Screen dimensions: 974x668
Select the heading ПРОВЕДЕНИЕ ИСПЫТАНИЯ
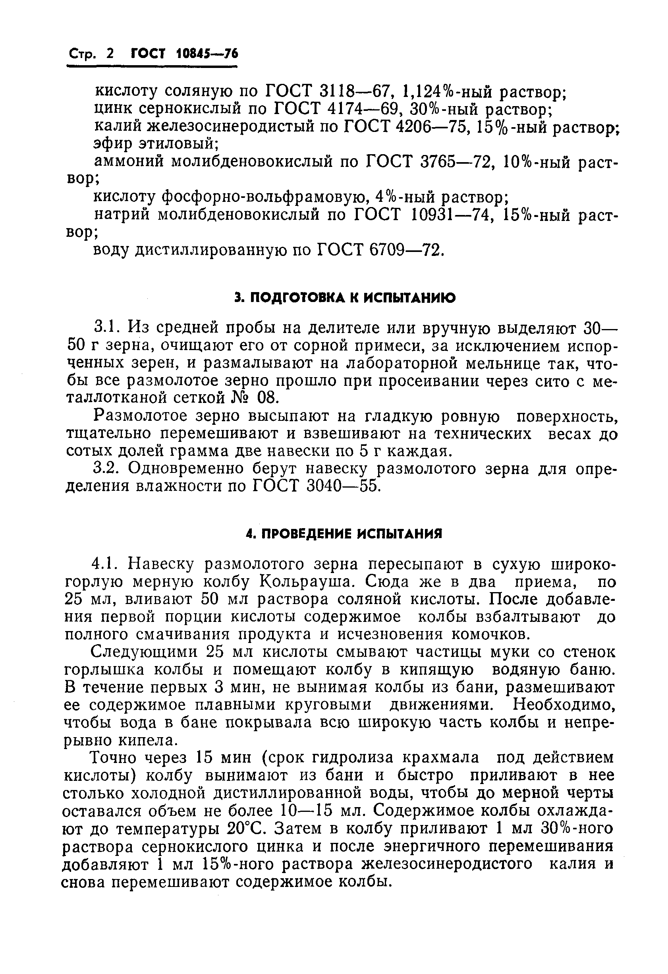(344, 534)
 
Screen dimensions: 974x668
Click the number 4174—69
(363, 109)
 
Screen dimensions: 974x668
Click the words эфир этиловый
(155, 144)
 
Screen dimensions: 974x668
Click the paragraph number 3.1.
(108, 325)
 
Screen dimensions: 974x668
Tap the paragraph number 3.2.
(108, 468)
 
